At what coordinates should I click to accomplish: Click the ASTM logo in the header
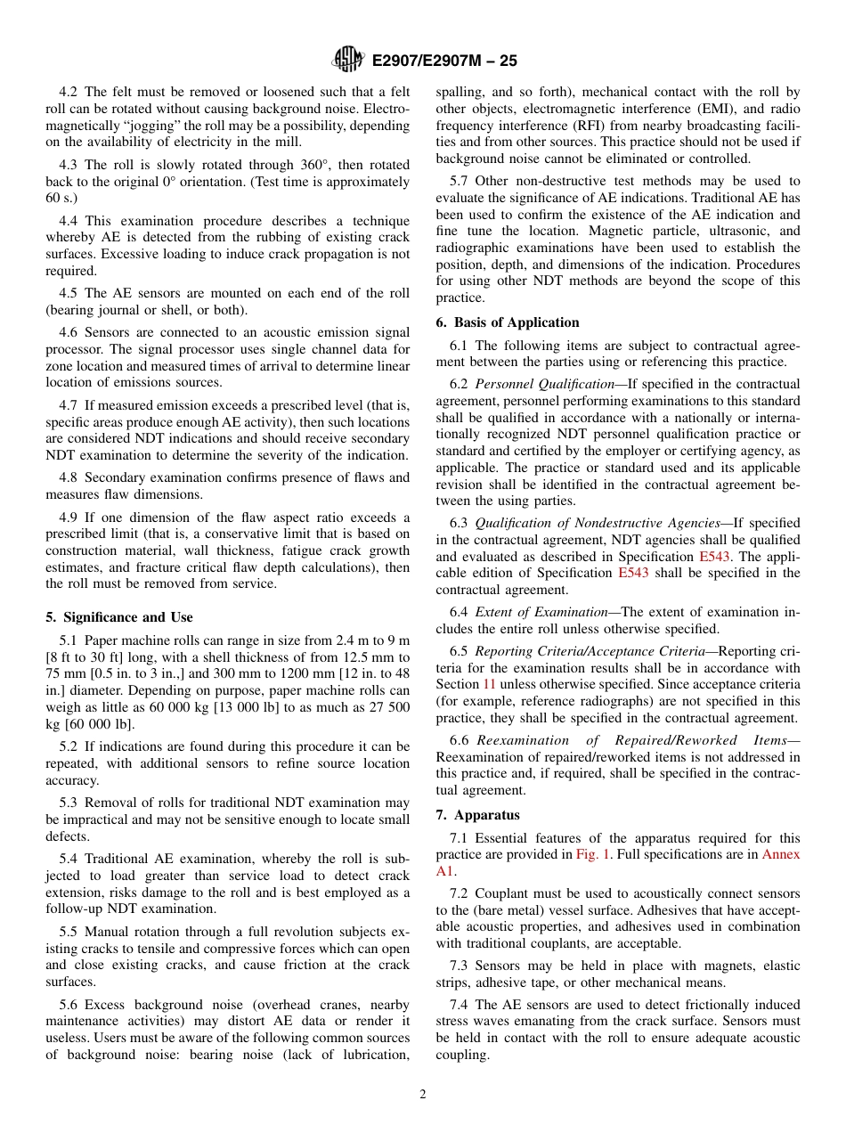tap(347, 60)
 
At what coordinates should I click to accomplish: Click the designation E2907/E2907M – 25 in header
tap(443, 61)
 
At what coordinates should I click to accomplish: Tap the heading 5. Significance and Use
tap(118, 617)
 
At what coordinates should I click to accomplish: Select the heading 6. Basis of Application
tap(507, 322)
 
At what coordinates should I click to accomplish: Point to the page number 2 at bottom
tap(423, 1095)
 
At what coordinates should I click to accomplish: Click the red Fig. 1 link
tap(593, 854)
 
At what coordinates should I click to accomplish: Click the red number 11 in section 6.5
tap(489, 684)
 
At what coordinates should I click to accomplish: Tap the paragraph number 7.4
tap(461, 1005)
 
